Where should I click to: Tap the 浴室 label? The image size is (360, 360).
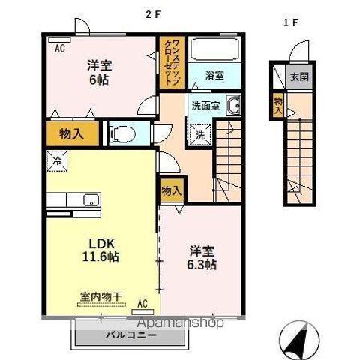pyautogui.click(x=214, y=75)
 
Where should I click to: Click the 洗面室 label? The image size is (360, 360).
pyautogui.click(x=205, y=106)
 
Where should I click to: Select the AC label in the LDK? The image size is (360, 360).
pyautogui.click(x=142, y=304)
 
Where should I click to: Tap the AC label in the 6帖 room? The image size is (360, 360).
pyautogui.click(x=58, y=47)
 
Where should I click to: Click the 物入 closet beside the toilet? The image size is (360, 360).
pyautogui.click(x=73, y=135)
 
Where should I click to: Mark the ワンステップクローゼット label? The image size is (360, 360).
pyautogui.click(x=170, y=61)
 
